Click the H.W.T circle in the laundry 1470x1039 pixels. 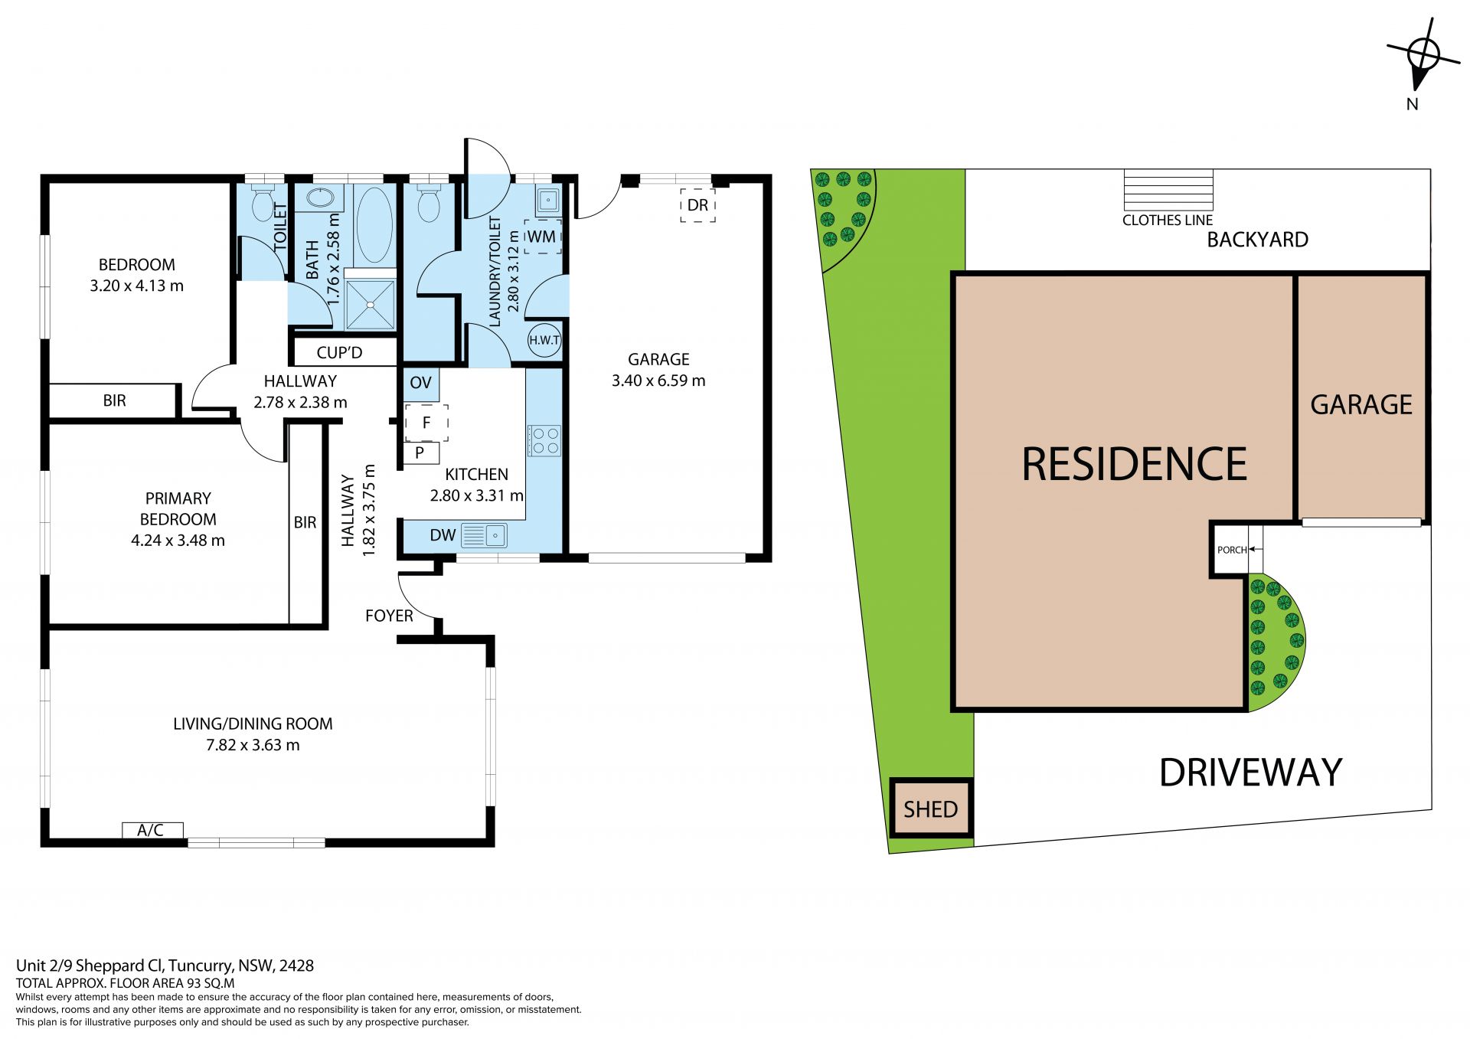click(544, 340)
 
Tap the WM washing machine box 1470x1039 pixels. click(543, 237)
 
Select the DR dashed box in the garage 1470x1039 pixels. click(697, 205)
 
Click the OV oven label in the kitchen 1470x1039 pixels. click(420, 383)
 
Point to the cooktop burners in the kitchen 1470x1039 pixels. click(544, 440)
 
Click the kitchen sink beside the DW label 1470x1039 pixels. click(484, 535)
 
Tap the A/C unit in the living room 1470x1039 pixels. click(152, 830)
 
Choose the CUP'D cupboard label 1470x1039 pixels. click(339, 353)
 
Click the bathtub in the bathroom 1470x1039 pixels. click(374, 225)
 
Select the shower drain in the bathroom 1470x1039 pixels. click(371, 305)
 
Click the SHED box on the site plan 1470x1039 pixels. click(931, 809)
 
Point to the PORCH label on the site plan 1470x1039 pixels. click(1232, 550)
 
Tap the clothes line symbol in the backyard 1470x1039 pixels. click(1168, 190)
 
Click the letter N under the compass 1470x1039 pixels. click(1413, 104)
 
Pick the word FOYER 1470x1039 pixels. click(389, 616)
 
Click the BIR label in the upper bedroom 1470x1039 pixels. click(114, 400)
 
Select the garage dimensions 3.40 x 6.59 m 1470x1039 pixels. click(658, 381)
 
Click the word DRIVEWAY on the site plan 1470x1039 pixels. click(1250, 773)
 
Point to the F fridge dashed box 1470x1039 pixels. click(426, 423)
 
